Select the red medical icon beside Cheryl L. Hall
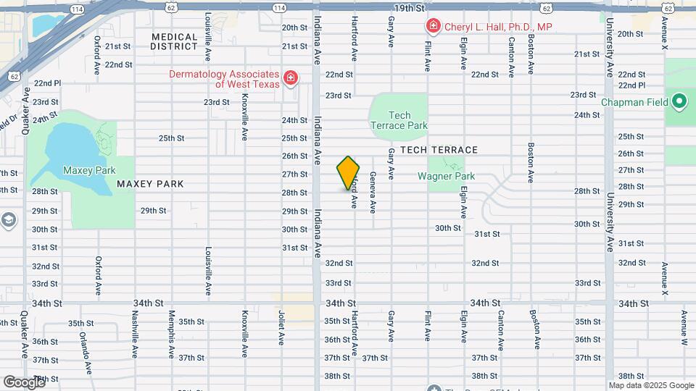point(434,27)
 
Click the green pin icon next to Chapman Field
point(679,102)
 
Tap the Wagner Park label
point(446,176)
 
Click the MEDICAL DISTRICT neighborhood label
point(174,41)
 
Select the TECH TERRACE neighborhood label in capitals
point(439,150)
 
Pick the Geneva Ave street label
point(373,192)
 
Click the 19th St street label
point(409,8)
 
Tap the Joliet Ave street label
point(281,328)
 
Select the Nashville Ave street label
point(135,335)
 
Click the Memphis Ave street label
point(171,335)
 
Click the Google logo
point(24,382)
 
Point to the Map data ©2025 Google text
point(650,385)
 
